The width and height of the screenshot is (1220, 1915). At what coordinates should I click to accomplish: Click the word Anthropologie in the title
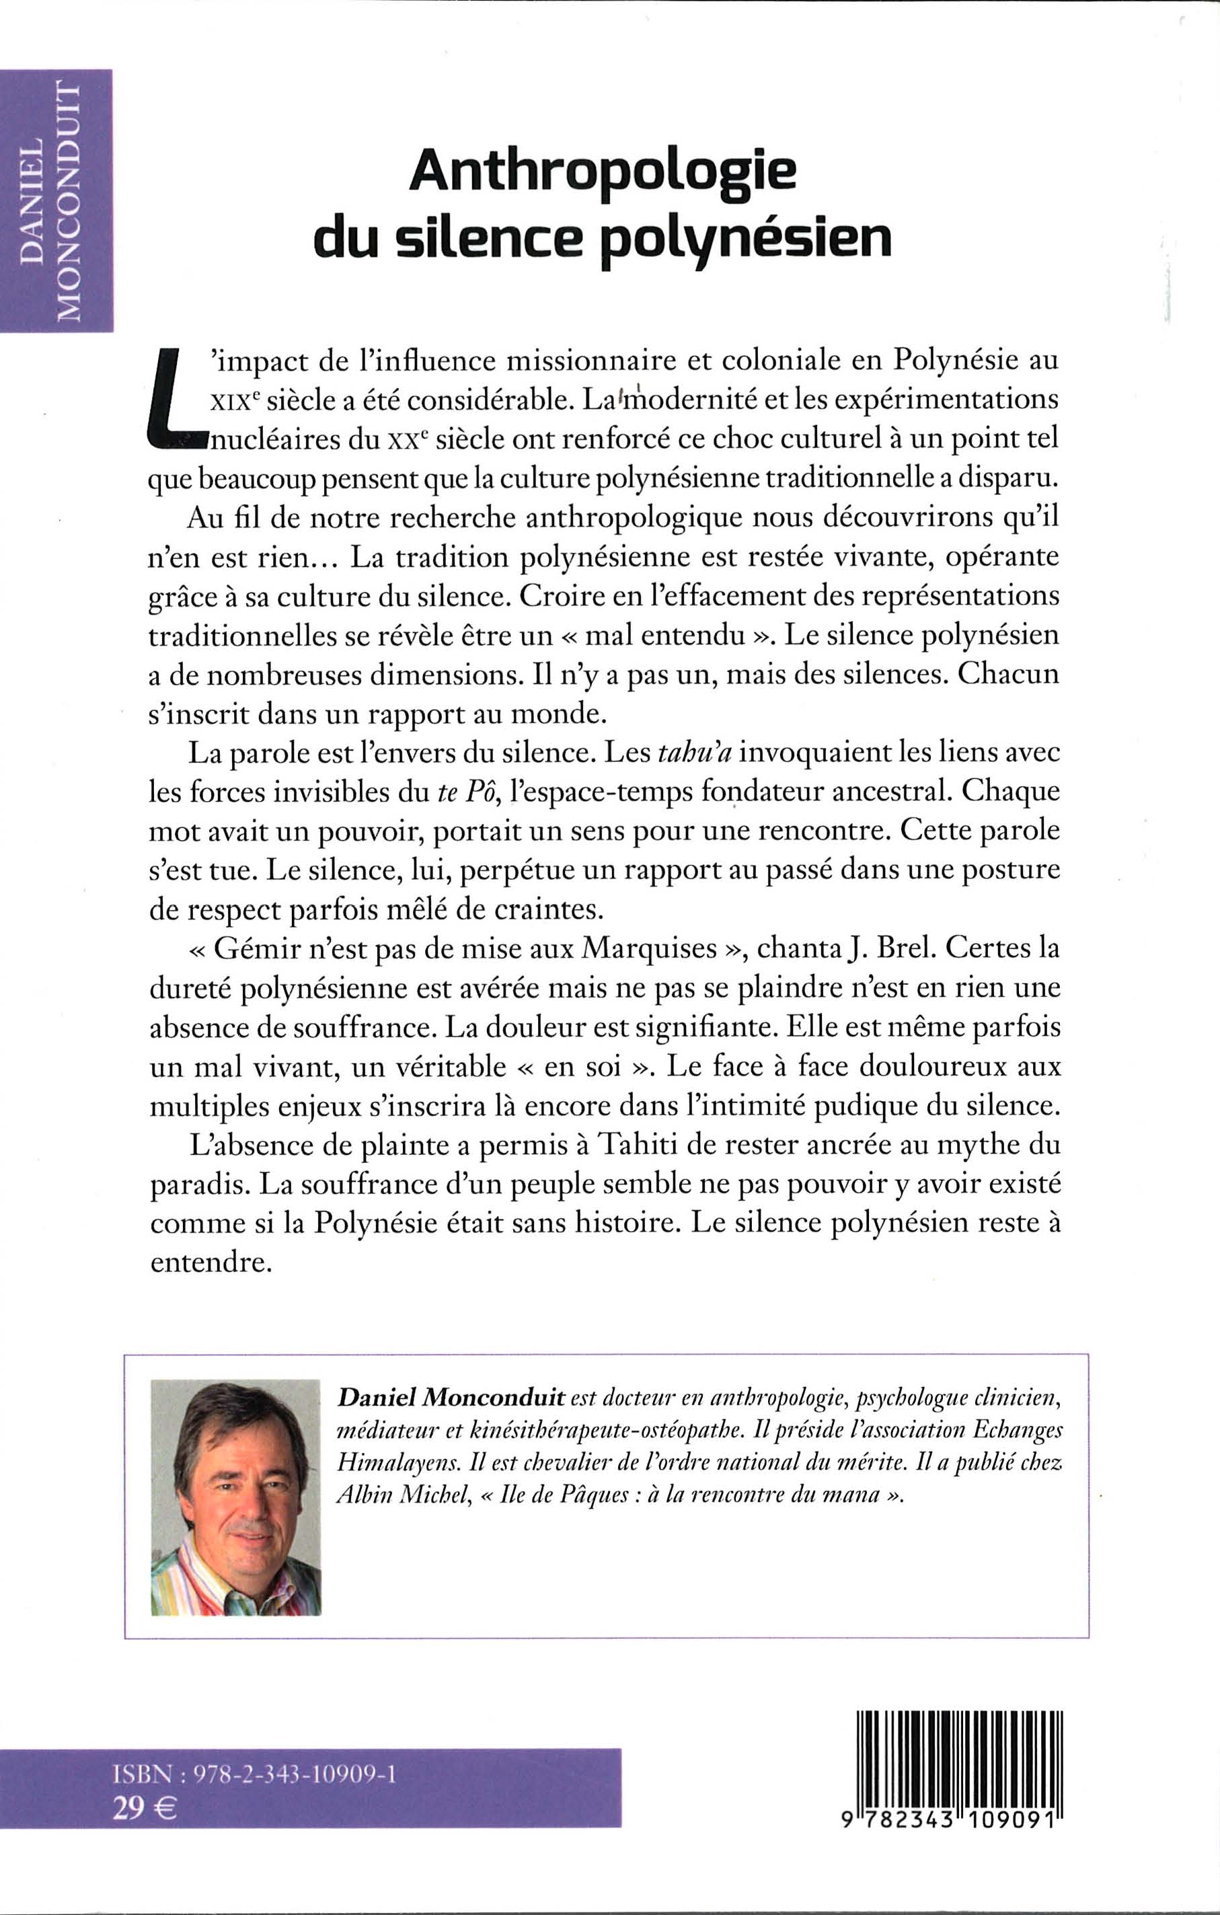602,175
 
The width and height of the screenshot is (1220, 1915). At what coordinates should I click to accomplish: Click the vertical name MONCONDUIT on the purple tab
73,201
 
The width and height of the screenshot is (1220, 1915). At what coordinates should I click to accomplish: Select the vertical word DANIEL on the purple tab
34,201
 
